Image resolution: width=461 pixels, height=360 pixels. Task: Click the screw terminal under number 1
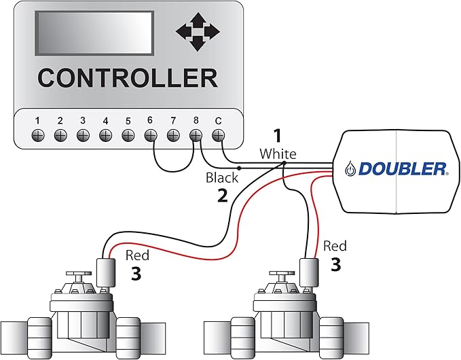click(37, 134)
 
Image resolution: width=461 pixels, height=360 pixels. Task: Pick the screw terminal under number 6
click(151, 134)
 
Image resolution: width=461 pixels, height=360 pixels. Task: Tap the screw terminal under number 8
click(196, 134)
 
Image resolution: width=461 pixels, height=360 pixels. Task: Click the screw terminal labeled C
click(218, 134)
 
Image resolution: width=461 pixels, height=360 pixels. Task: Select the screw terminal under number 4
click(105, 134)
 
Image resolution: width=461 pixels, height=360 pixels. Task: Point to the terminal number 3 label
click(83, 120)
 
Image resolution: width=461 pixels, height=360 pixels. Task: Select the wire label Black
click(222, 178)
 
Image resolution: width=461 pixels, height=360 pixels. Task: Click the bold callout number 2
click(222, 197)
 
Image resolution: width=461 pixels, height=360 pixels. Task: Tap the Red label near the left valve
click(137, 256)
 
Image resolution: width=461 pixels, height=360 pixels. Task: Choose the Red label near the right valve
click(335, 246)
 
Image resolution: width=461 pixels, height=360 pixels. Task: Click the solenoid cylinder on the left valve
click(105, 272)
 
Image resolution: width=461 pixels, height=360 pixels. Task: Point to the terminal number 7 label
click(173, 120)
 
